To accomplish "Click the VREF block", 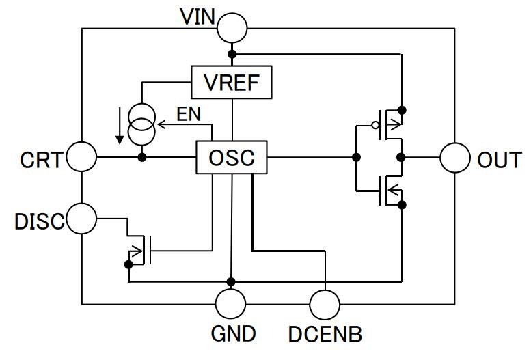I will click(232, 82).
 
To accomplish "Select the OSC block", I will click(232, 158).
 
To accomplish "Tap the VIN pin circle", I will click(232, 28).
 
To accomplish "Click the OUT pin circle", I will click(454, 158).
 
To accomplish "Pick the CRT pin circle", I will click(82, 158).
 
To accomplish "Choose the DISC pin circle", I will click(82, 219).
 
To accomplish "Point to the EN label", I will click(189, 113).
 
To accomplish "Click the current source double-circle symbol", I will click(142, 124).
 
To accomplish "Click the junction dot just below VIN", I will click(232, 53).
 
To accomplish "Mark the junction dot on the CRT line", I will click(142, 158).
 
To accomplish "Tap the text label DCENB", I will click(325, 334).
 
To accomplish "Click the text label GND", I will click(232, 334).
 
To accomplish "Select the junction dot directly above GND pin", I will click(232, 281).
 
